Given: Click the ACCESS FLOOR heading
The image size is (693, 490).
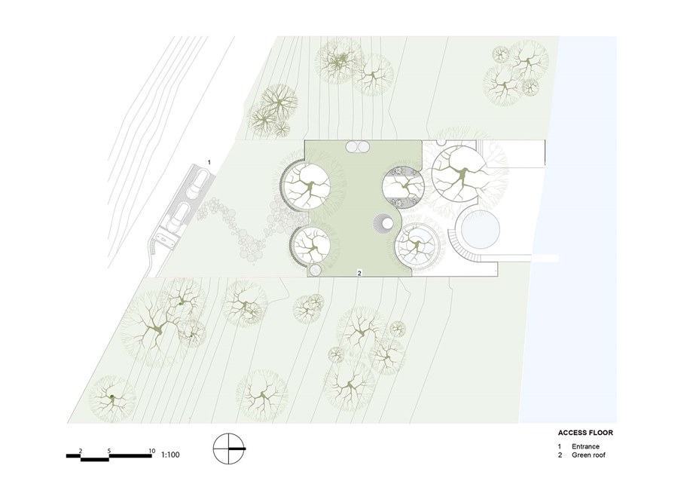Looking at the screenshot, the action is (x=585, y=433).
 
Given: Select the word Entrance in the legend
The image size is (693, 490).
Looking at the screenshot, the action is (x=585, y=446).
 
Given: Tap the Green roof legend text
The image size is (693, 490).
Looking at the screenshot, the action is (x=589, y=455).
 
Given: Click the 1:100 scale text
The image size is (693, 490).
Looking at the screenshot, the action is (x=170, y=454).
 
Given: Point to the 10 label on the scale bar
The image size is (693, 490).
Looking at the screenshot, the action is (x=152, y=451).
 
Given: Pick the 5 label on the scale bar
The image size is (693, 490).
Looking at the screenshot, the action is (x=109, y=451).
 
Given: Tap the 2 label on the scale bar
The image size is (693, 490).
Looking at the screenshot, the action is (x=81, y=451).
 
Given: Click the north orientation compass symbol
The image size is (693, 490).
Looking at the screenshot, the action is (x=228, y=449).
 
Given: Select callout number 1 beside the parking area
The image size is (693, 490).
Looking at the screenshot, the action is (x=209, y=162).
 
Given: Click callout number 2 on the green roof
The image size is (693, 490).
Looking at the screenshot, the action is (x=359, y=274).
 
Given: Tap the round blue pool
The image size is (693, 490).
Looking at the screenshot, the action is (x=481, y=229).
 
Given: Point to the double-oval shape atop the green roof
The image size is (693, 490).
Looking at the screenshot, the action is (x=359, y=147).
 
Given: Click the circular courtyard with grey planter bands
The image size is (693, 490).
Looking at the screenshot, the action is (x=403, y=186).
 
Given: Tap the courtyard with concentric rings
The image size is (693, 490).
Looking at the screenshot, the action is (x=417, y=246).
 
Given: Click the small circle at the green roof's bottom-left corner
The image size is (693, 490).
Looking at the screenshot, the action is (x=316, y=269).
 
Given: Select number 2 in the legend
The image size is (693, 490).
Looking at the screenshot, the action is (x=560, y=455).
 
